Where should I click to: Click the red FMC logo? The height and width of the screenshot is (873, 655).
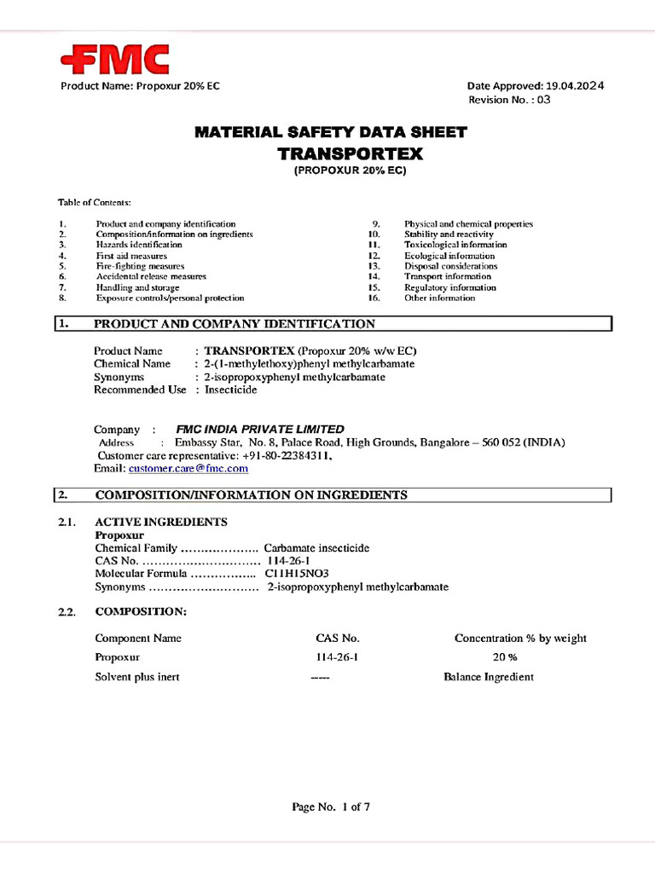(x=114, y=60)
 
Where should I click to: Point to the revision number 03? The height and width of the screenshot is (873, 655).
(x=543, y=100)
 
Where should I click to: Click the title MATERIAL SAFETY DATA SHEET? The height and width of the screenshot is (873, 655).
(x=331, y=132)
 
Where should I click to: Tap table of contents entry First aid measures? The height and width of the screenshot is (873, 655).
(x=131, y=256)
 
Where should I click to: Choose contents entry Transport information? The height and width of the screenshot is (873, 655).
(x=448, y=276)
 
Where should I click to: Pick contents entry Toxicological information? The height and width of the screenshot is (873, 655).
(x=455, y=245)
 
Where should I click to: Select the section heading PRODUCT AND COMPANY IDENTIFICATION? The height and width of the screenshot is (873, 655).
(x=234, y=324)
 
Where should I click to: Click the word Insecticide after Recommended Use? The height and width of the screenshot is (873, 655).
(x=230, y=390)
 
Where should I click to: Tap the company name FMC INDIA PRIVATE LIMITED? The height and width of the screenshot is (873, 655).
(x=259, y=430)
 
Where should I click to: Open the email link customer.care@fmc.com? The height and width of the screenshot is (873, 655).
(x=188, y=469)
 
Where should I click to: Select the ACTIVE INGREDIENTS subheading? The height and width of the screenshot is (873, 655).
(x=161, y=522)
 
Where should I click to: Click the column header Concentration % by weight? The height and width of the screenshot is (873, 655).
(x=520, y=638)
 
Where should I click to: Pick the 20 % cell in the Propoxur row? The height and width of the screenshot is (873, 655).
(x=505, y=657)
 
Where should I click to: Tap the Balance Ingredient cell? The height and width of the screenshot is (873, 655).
(x=489, y=677)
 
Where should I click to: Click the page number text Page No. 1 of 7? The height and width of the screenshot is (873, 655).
(x=331, y=807)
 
